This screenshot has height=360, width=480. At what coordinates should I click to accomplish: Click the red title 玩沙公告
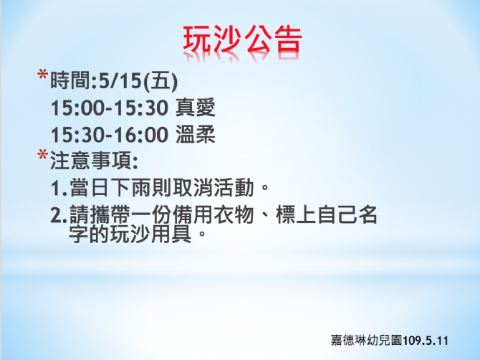pyautogui.click(x=243, y=40)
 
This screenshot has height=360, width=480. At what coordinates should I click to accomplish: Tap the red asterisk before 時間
pyautogui.click(x=42, y=75)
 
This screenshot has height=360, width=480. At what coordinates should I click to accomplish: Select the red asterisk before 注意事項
pyautogui.click(x=42, y=155)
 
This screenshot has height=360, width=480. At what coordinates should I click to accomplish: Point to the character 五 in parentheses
pyautogui.click(x=160, y=81)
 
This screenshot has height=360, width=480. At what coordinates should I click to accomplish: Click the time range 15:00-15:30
pyautogui.click(x=110, y=108)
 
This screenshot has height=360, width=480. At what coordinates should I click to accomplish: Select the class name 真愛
pyautogui.click(x=196, y=108)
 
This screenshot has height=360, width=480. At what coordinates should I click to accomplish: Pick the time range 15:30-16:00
pyautogui.click(x=110, y=135)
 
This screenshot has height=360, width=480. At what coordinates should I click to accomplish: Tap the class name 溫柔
pyautogui.click(x=196, y=134)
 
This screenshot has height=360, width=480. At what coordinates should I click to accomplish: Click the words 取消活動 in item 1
pyautogui.click(x=213, y=187)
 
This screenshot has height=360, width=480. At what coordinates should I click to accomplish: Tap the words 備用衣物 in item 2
pyautogui.click(x=213, y=214)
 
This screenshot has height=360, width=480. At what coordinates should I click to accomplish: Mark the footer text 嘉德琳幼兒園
pyautogui.click(x=366, y=341)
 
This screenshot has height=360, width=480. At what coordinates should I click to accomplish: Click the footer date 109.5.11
pyautogui.click(x=426, y=341)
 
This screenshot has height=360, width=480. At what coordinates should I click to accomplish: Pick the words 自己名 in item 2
pyautogui.click(x=347, y=214)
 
